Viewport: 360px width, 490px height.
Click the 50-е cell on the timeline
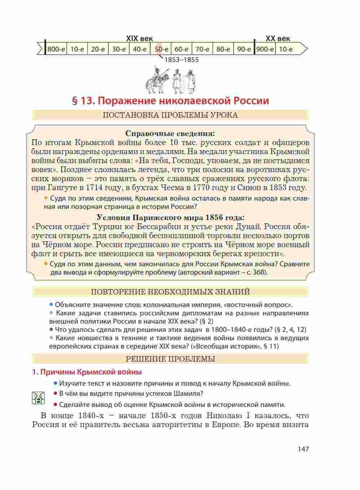tap(161, 49)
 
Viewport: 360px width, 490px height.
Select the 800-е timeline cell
tap(56, 49)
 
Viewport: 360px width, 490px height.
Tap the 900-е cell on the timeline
tap(265, 49)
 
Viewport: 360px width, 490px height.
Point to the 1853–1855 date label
tap(181, 60)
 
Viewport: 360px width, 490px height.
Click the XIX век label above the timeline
tap(139, 39)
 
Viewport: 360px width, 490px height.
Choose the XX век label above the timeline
tap(278, 39)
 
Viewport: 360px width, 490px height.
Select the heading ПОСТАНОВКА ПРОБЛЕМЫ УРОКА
tap(170, 115)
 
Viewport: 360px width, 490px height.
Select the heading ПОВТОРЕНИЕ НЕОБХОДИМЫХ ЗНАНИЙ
tap(170, 292)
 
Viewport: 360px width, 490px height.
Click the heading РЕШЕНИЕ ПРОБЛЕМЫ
tap(170, 359)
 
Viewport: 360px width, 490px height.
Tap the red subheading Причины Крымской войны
tap(90, 372)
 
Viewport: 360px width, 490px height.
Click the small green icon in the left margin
tap(38, 398)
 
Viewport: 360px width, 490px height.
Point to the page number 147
tap(303, 449)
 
